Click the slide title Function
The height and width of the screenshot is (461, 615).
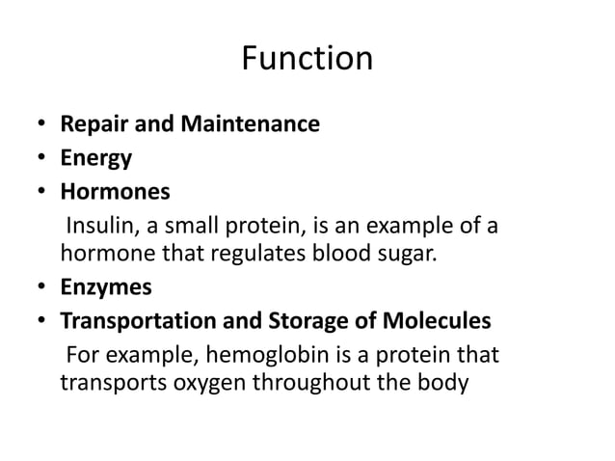point(307,59)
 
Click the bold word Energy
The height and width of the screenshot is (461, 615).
point(96,157)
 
